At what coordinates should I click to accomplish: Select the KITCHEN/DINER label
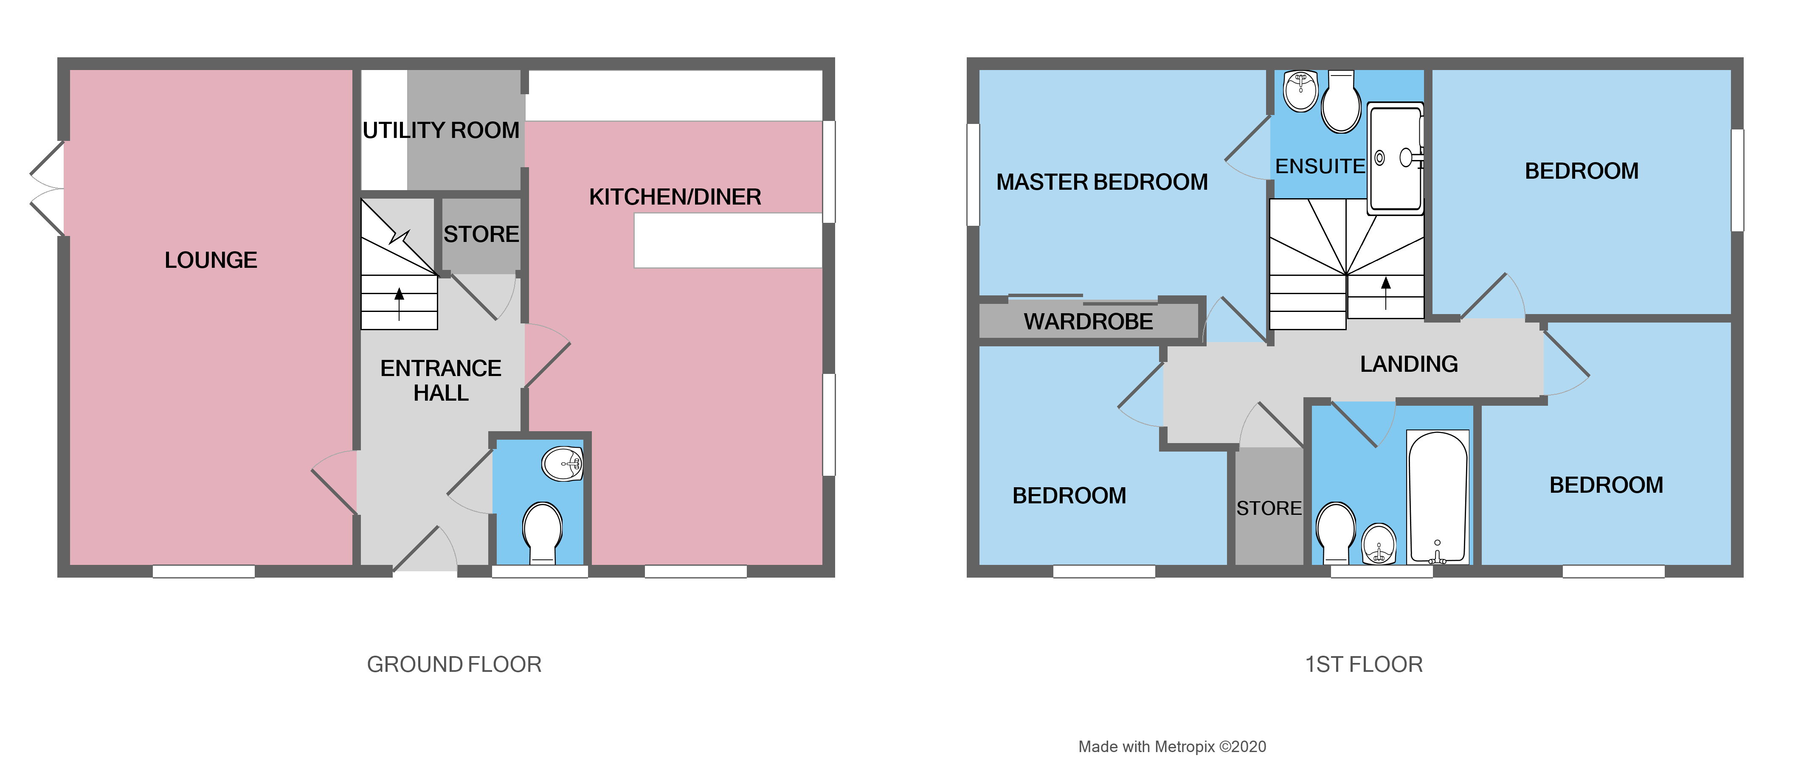coord(675,197)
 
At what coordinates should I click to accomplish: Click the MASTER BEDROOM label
coord(1102,182)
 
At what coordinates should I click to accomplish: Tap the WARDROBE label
coord(1088,322)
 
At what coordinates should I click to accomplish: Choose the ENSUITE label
coord(1320,166)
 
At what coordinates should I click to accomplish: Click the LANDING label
coord(1409,364)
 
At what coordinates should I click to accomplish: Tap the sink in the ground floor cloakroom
coord(563,464)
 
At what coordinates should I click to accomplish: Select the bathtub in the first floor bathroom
coord(1438,497)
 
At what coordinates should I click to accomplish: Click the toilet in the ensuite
coord(1341,106)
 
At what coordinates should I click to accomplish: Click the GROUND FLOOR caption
coord(454,664)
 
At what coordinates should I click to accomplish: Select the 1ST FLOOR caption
coord(1364,664)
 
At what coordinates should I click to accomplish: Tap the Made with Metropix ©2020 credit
coord(1171,747)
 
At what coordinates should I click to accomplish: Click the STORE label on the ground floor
coord(481,234)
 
